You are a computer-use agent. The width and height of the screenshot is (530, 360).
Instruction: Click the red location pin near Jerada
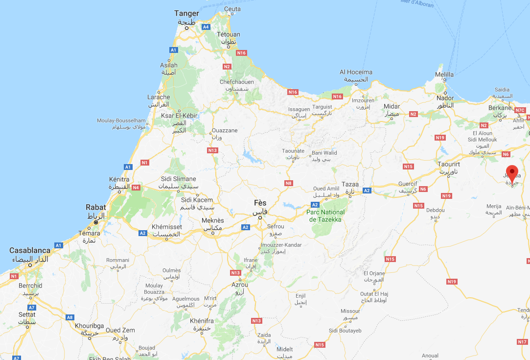click(512, 173)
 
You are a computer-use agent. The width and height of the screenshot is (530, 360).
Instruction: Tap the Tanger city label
click(187, 14)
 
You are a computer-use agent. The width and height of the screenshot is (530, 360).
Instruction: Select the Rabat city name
click(95, 207)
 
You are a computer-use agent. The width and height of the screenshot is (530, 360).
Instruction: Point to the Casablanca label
click(29, 250)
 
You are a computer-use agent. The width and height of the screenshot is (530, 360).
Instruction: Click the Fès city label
click(260, 203)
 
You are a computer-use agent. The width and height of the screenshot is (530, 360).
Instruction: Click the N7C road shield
click(520, 110)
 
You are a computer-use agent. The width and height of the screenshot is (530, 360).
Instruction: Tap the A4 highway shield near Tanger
click(206, 26)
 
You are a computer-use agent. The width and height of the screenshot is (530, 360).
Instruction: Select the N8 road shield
click(289, 183)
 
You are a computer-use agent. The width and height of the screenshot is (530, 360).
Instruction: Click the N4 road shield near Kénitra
click(136, 187)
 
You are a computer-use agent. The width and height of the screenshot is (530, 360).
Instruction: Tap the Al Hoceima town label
click(356, 72)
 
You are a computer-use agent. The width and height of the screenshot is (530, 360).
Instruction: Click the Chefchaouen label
click(236, 82)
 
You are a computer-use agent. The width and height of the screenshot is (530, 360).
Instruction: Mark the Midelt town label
click(284, 349)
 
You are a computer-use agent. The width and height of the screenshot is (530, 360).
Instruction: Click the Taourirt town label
click(449, 165)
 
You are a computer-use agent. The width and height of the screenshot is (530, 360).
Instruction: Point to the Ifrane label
click(250, 260)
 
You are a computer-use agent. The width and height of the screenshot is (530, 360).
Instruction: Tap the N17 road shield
click(522, 341)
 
